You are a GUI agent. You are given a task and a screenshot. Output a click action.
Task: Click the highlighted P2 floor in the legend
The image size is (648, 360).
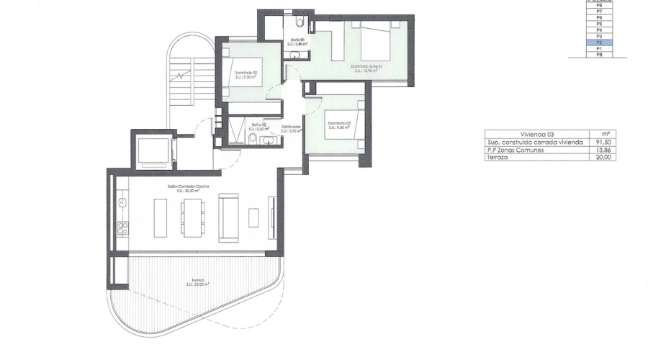click(x=599, y=42)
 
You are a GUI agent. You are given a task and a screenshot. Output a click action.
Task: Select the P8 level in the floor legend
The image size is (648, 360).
click(x=599, y=5)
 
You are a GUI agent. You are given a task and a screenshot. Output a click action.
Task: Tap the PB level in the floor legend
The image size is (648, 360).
click(x=599, y=55)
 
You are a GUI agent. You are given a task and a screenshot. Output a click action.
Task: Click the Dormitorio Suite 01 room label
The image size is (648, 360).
click(x=366, y=68)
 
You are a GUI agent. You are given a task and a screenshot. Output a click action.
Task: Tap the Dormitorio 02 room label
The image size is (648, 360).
click(x=246, y=74)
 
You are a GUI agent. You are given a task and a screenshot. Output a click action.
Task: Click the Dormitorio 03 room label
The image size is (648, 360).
click(x=338, y=124)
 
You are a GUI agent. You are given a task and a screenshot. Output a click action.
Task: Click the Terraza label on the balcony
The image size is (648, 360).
click(x=197, y=282)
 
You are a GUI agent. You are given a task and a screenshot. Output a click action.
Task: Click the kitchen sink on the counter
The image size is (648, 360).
click(x=122, y=202)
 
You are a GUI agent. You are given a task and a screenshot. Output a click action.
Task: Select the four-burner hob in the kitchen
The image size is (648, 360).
click(x=122, y=230)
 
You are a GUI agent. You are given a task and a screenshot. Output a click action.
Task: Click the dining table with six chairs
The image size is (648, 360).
click(x=192, y=216)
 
